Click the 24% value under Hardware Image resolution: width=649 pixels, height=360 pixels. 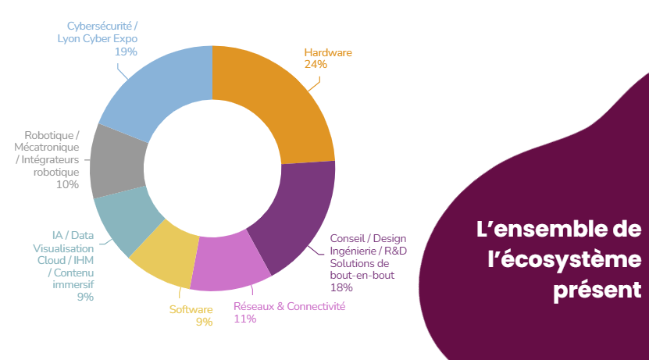316,65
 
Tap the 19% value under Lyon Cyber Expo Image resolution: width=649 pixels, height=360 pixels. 126,52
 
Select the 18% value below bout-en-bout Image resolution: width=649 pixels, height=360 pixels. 341,287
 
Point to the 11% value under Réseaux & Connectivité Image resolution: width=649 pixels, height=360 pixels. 244,319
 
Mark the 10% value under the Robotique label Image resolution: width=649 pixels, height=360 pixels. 67,185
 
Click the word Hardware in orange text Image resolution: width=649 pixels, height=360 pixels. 328,53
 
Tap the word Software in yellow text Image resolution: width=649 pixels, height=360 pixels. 191,309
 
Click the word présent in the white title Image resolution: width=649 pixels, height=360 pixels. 597,290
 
